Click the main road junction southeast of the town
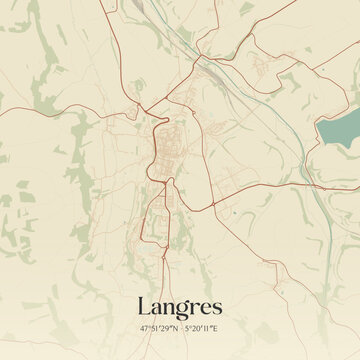211,205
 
